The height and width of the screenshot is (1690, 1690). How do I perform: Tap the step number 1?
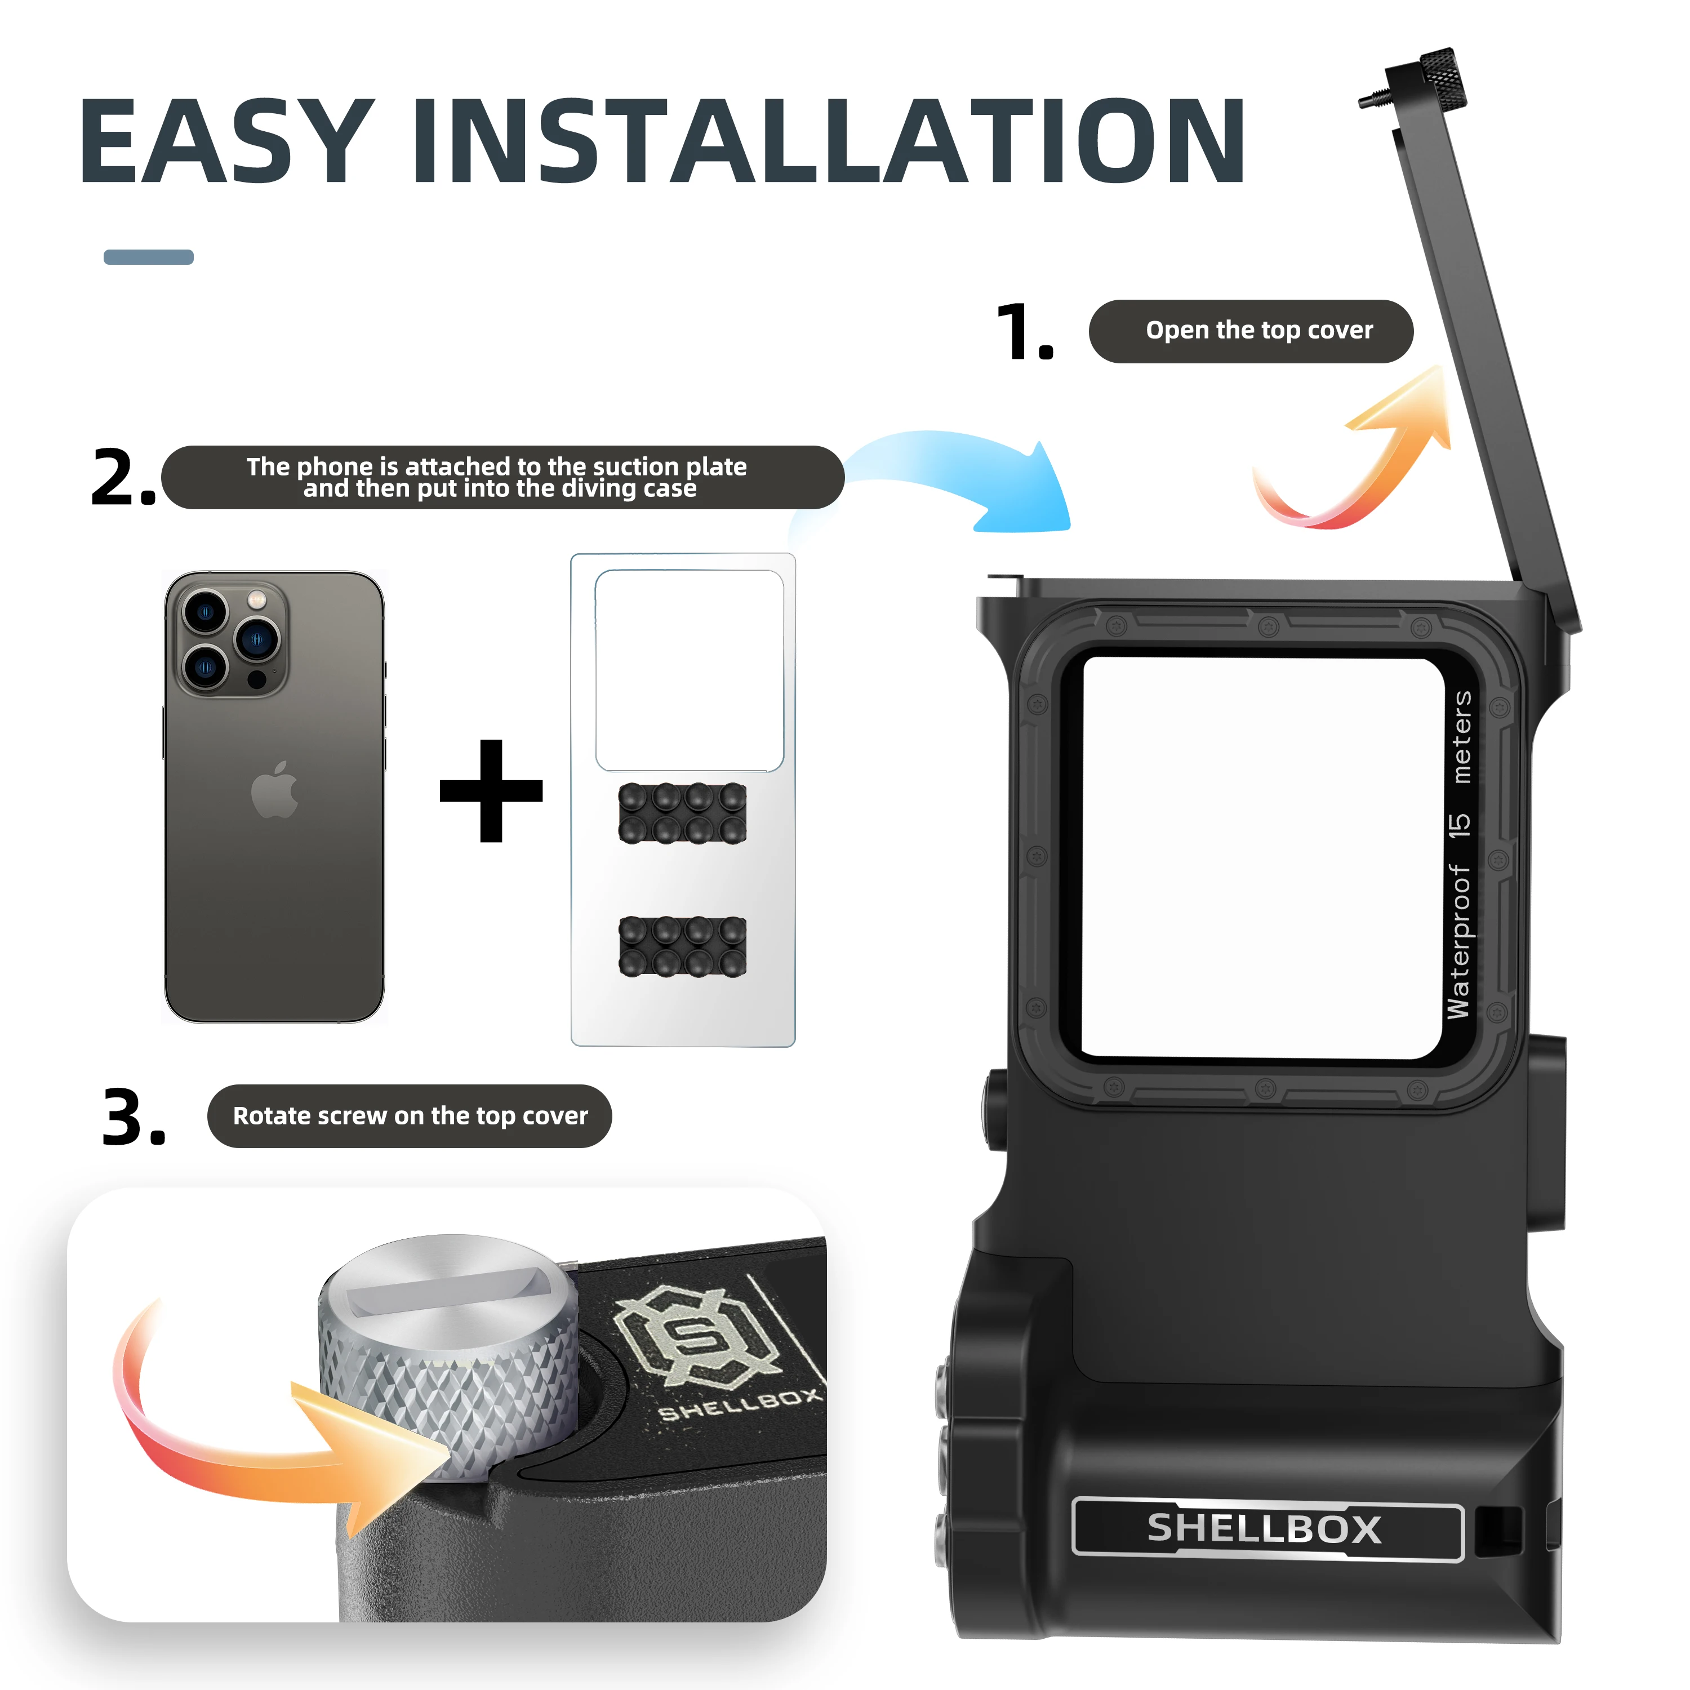1025,332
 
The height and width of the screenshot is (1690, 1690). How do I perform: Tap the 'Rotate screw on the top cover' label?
410,1116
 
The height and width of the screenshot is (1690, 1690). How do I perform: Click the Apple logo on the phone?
275,789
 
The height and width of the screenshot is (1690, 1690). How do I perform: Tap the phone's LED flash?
257,600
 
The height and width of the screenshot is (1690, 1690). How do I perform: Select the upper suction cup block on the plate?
682,813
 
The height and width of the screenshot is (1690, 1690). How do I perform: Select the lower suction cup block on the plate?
682,946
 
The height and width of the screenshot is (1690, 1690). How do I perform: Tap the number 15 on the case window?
1459,825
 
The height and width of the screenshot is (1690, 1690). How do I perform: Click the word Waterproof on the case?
1459,941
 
